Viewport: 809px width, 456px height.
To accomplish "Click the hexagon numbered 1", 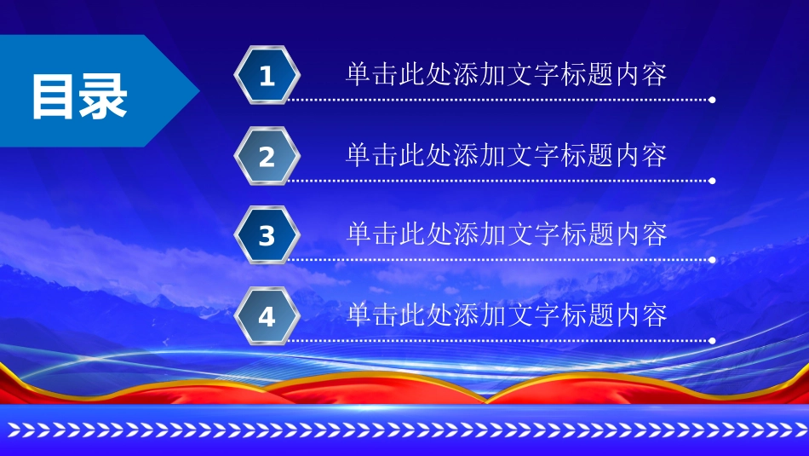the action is tap(267, 75).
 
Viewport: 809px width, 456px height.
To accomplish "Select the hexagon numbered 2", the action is tap(267, 156).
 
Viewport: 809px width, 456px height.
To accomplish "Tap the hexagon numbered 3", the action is tap(267, 235).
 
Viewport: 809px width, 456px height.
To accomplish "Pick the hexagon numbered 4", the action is tap(267, 316).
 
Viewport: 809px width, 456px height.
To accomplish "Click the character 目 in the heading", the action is tap(52, 96).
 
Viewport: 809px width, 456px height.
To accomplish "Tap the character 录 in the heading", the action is tap(103, 96).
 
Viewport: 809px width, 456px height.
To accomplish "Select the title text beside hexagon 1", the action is tap(506, 74).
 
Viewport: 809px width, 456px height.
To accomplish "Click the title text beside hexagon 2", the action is tap(506, 155).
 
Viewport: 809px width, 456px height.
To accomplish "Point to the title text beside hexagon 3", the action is tap(506, 234).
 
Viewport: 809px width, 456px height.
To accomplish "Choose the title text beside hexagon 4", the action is tap(506, 315).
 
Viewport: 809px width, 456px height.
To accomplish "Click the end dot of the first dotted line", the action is tap(712, 100).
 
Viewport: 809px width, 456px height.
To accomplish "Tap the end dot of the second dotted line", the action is tap(712, 181).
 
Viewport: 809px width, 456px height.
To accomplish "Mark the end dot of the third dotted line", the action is tap(712, 260).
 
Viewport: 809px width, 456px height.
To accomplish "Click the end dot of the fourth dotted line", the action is tap(712, 341).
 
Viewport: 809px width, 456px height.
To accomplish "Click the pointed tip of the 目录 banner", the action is tap(199, 91).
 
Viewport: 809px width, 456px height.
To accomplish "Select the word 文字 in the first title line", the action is tap(533, 74).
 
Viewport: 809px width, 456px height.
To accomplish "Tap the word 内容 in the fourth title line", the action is tap(640, 315).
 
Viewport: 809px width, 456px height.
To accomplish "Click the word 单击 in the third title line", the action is tap(371, 234).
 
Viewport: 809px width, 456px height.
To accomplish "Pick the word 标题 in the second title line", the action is tap(587, 155).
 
